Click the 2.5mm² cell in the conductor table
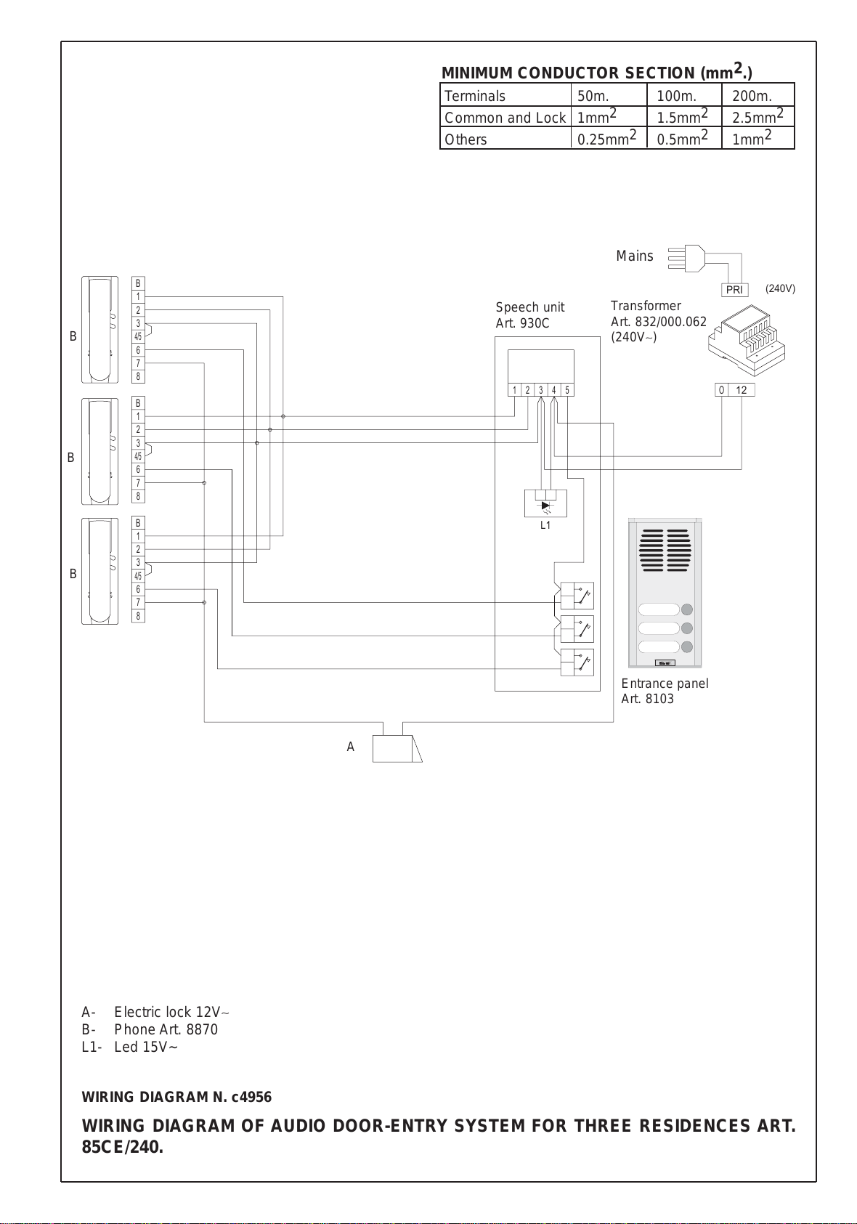click(x=758, y=115)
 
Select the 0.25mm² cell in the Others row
click(x=609, y=138)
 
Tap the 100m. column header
click(x=676, y=96)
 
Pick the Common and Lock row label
click(x=505, y=118)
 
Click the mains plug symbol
click(x=686, y=258)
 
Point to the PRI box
click(x=734, y=290)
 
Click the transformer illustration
click(x=746, y=340)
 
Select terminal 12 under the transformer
click(x=742, y=389)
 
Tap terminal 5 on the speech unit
click(x=567, y=389)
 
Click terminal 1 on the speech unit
click(x=514, y=389)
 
